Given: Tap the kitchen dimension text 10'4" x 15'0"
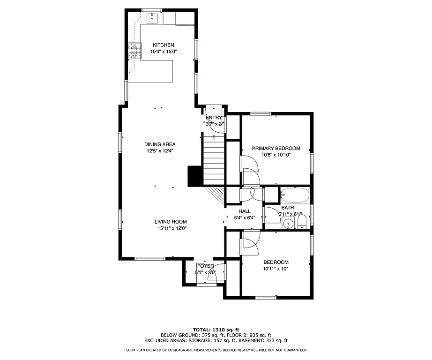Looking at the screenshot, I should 163,52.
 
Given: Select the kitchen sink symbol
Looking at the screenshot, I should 152,19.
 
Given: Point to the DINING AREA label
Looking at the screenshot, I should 160,144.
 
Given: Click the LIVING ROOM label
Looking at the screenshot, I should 171,222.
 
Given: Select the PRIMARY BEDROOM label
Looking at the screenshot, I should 276,148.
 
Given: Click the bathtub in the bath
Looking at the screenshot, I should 294,195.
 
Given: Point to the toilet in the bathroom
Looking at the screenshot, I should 301,222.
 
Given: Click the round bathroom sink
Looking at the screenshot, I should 289,223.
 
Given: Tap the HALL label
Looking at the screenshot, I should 244,211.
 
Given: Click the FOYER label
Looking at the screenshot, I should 205,266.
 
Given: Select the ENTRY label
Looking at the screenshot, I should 214,118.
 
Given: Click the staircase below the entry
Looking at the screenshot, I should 214,159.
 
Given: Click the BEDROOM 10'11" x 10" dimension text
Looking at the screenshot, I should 276,269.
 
